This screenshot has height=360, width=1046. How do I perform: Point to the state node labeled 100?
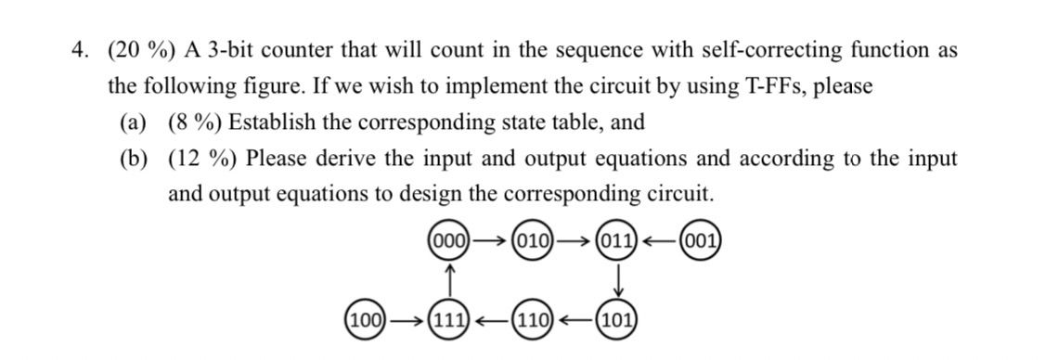click(x=366, y=322)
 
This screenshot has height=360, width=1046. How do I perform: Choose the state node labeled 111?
click(x=449, y=322)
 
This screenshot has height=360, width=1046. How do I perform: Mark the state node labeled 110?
click(x=535, y=322)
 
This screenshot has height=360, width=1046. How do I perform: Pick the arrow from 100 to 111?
click(x=407, y=322)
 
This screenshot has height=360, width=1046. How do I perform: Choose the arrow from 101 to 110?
click(x=576, y=322)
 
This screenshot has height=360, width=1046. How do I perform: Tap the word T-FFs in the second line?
click(x=775, y=86)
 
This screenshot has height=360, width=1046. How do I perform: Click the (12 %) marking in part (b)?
click(x=201, y=159)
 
